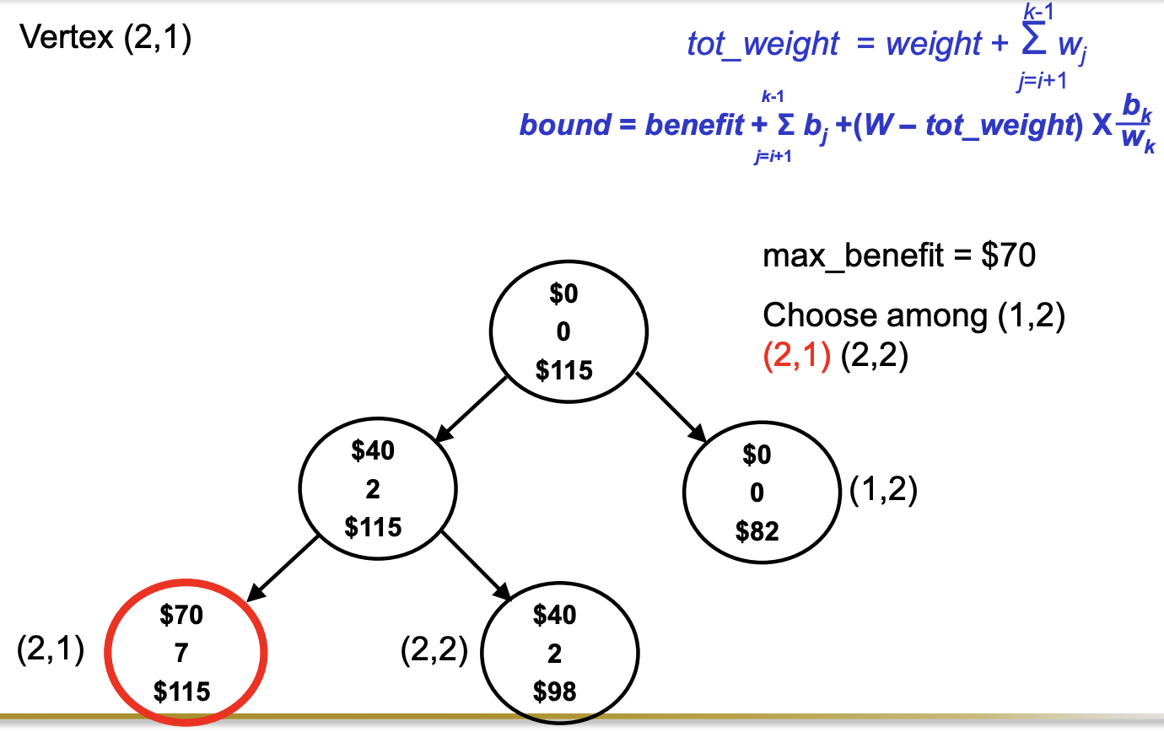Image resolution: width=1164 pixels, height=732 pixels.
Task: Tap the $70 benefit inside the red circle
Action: click(x=181, y=616)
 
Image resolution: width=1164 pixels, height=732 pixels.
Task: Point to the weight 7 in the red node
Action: click(x=182, y=654)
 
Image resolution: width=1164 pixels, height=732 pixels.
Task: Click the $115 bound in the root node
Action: click(x=563, y=369)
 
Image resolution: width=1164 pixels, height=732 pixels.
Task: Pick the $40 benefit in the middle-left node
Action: click(x=373, y=451)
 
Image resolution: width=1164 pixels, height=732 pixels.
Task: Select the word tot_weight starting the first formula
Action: click(x=763, y=44)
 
